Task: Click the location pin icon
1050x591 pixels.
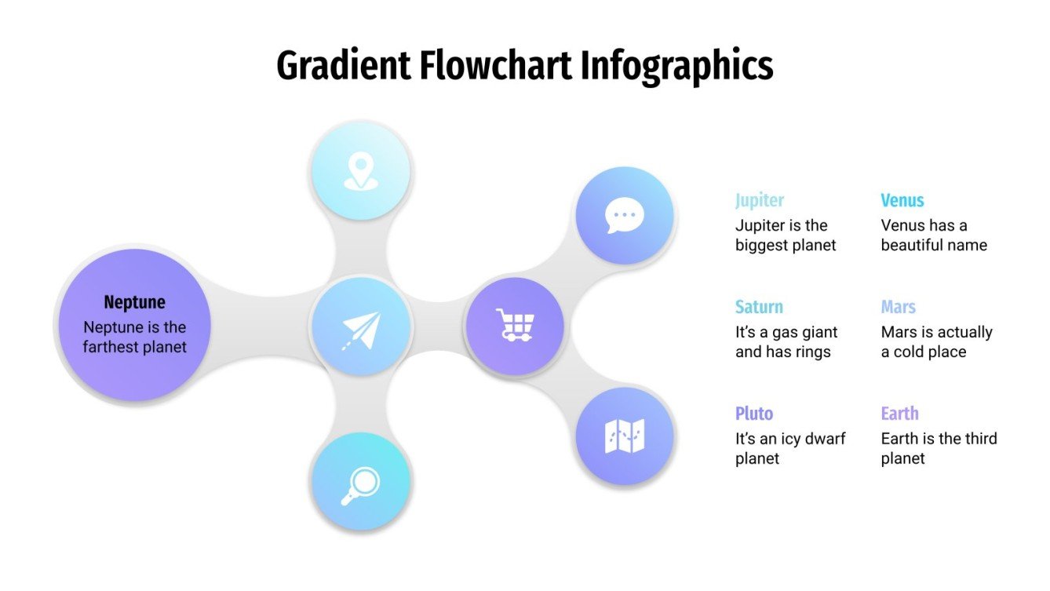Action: pos(360,171)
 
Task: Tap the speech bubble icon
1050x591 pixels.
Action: pos(625,216)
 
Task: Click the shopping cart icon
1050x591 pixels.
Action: pos(515,324)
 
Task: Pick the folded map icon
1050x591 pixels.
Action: pos(625,436)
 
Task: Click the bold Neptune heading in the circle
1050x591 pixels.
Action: pos(134,302)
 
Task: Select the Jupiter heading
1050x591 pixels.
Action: pos(760,200)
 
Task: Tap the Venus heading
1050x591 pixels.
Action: pos(902,200)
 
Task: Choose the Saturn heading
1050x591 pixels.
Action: pos(759,307)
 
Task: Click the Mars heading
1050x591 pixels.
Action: pos(899,307)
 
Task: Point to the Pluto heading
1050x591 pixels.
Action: pos(754,414)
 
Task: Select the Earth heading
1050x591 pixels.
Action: pos(899,414)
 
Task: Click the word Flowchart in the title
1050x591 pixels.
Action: pos(496,66)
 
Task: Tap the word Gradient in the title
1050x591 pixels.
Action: pos(343,66)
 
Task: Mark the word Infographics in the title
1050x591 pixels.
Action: pos(677,66)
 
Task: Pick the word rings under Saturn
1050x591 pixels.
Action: pos(809,352)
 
